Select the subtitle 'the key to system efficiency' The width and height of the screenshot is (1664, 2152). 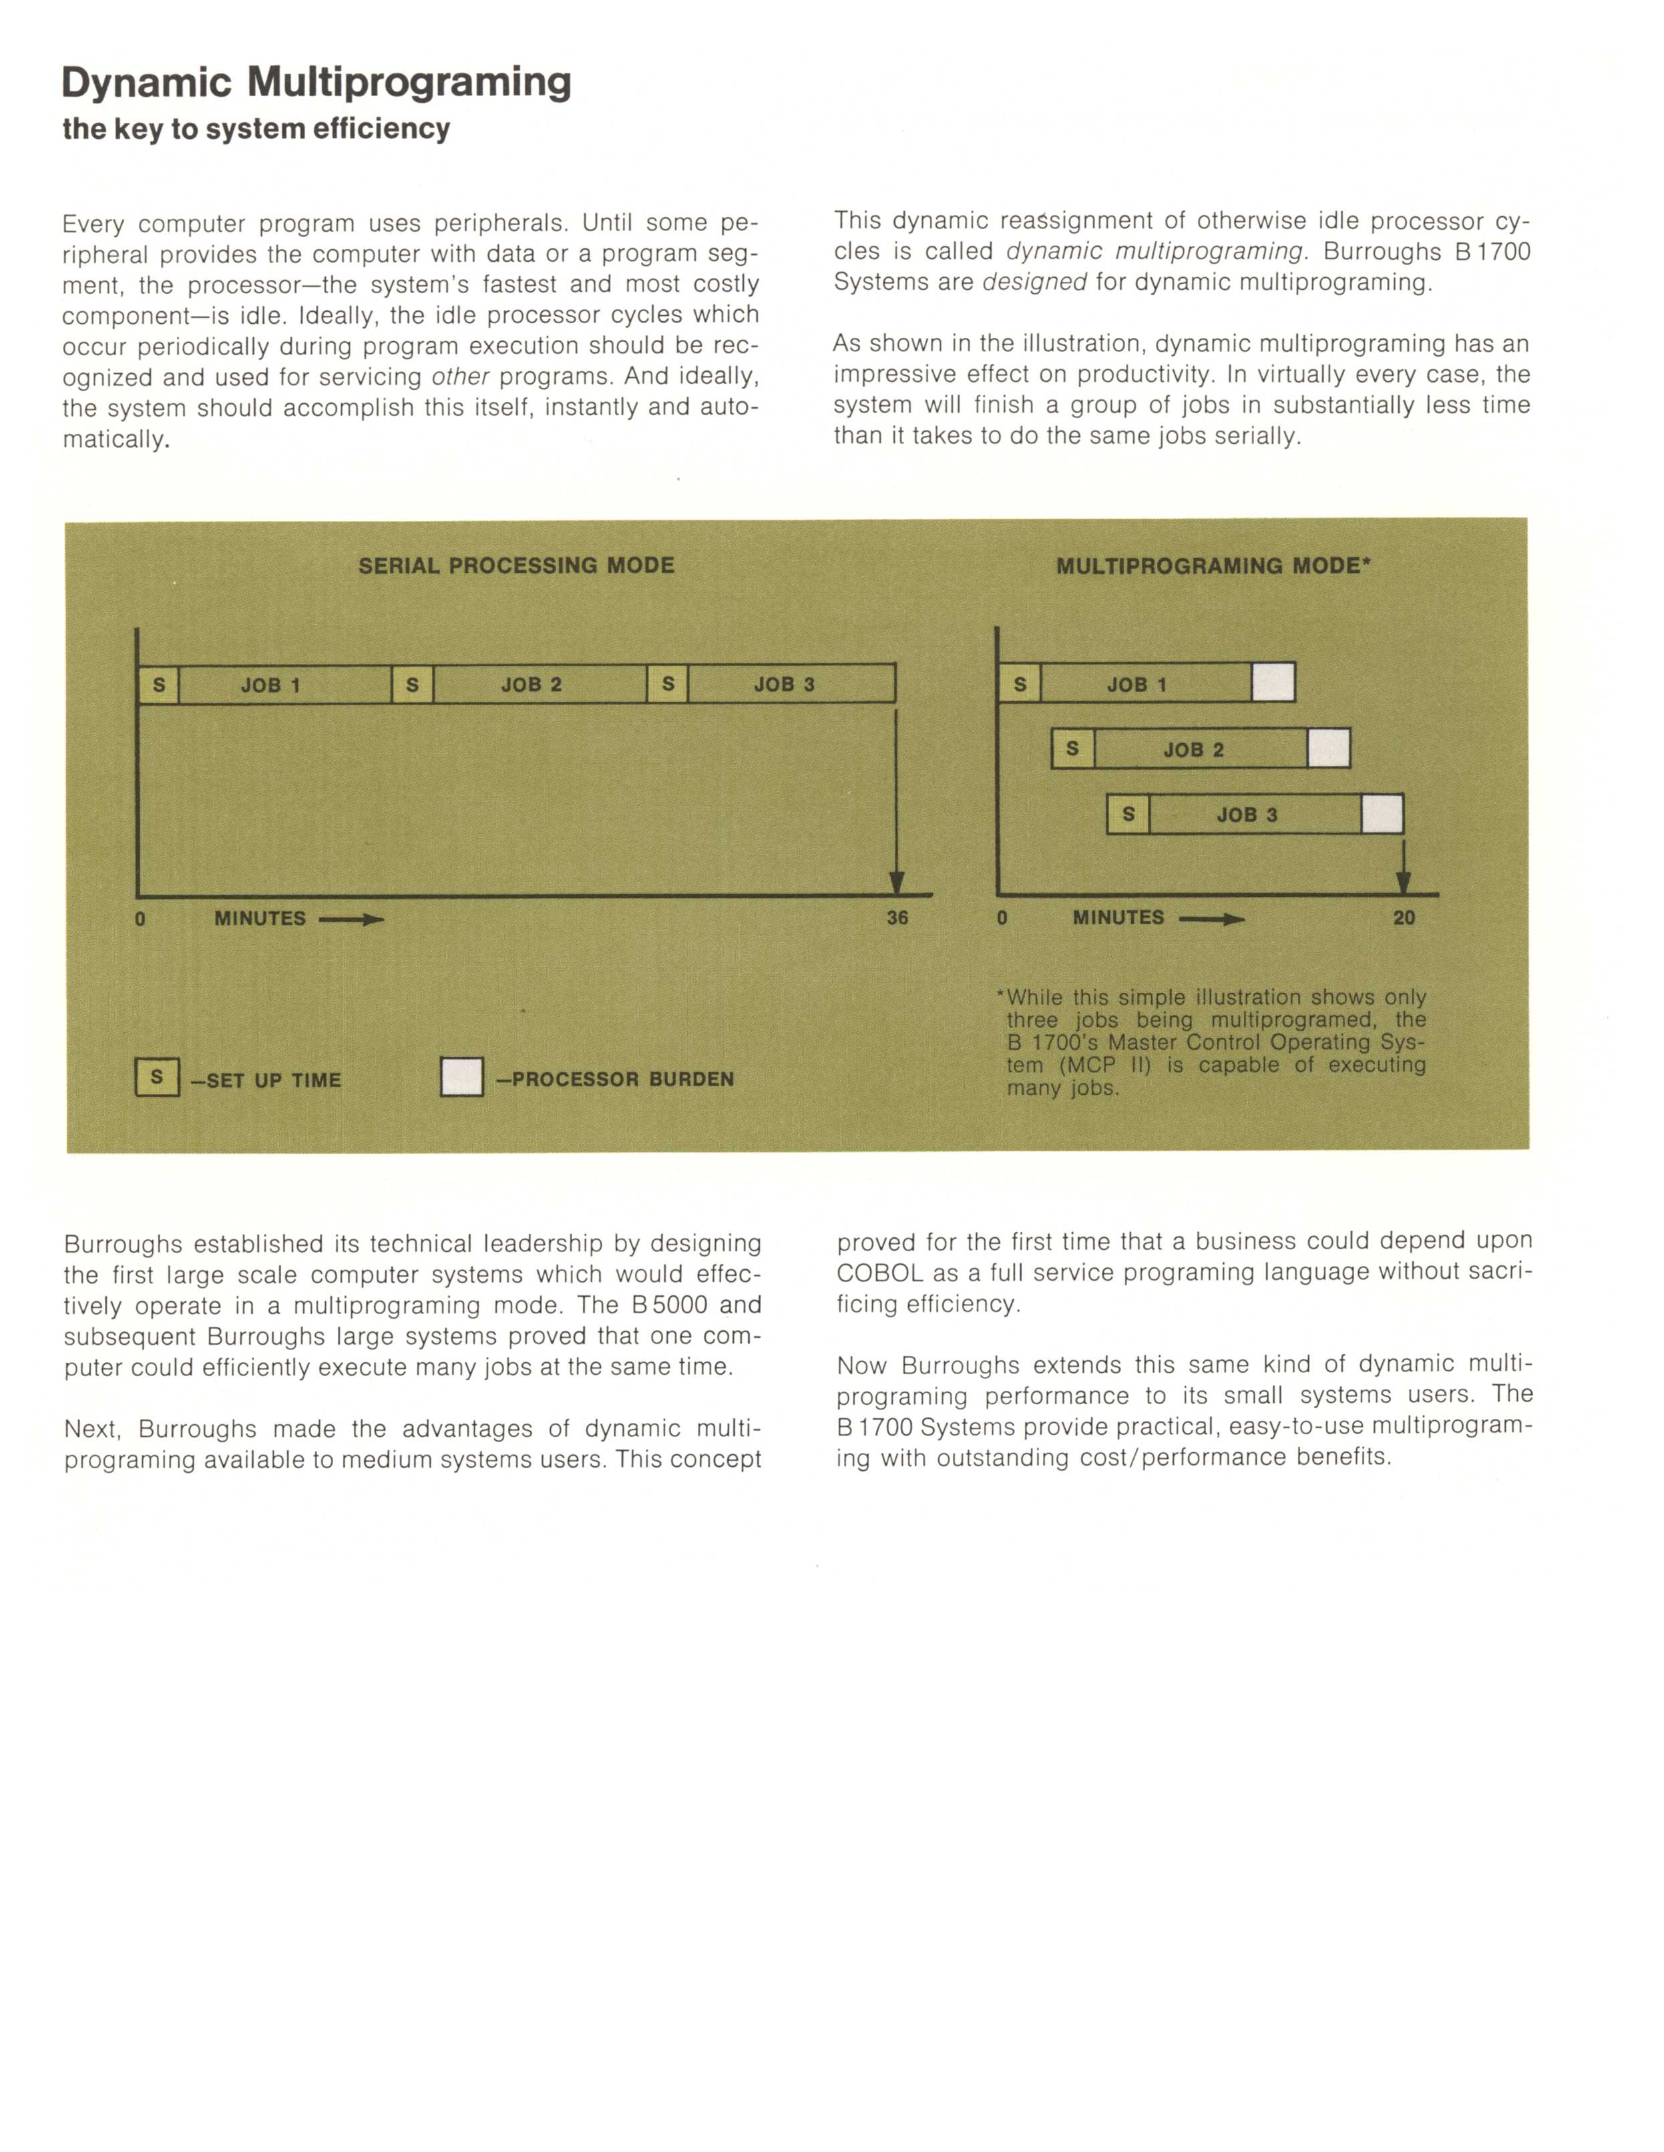click(x=256, y=129)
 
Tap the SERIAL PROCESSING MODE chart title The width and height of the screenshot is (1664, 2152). click(x=516, y=566)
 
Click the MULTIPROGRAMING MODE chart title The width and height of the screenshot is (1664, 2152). click(x=1213, y=566)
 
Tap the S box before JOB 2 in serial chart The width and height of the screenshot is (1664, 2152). click(x=413, y=684)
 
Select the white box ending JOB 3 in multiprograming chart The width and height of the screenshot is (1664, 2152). click(x=1382, y=814)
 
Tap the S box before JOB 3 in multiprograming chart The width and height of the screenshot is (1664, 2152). click(x=1128, y=814)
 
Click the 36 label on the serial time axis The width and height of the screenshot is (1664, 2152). click(x=897, y=917)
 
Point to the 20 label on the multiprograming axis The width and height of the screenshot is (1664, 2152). click(x=1404, y=917)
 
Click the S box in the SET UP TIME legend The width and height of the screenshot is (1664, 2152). click(x=157, y=1077)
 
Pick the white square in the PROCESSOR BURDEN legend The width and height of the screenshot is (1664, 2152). click(x=462, y=1077)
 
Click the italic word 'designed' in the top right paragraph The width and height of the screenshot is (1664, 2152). click(x=1034, y=283)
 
